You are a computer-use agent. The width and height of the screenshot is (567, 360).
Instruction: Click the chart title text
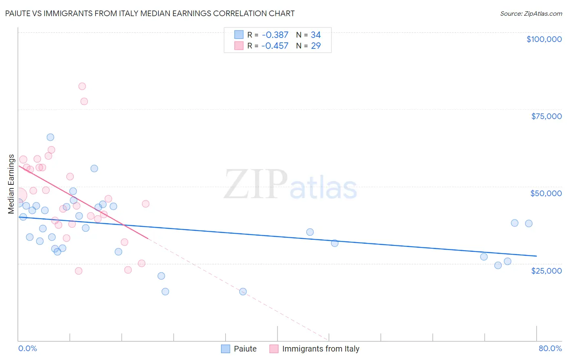150,13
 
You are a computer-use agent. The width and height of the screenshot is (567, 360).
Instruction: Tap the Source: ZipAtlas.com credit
531,13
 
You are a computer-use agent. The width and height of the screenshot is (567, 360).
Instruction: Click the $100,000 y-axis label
544,39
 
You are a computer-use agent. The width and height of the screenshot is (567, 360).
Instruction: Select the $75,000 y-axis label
546,116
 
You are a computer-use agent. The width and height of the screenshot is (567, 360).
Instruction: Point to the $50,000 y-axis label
546,193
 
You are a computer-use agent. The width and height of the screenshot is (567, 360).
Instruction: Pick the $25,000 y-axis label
546,270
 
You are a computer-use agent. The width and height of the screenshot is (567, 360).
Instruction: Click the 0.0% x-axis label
27,348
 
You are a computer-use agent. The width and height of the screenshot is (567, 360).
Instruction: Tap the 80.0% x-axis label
550,348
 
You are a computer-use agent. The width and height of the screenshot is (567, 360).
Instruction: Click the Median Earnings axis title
11,184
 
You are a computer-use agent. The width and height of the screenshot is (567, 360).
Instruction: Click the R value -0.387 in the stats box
275,35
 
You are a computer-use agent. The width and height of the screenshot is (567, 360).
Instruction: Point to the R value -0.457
275,46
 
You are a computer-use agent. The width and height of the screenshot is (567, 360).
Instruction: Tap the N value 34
316,35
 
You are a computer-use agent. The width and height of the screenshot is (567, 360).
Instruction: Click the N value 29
316,46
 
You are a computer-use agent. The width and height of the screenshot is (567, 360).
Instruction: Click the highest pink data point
82,86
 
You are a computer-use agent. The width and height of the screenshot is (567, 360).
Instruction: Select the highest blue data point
50,137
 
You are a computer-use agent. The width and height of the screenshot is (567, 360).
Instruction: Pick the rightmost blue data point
529,224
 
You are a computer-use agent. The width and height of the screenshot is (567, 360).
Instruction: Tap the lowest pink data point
79,271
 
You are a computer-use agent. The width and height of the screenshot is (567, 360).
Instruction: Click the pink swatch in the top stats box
239,46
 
